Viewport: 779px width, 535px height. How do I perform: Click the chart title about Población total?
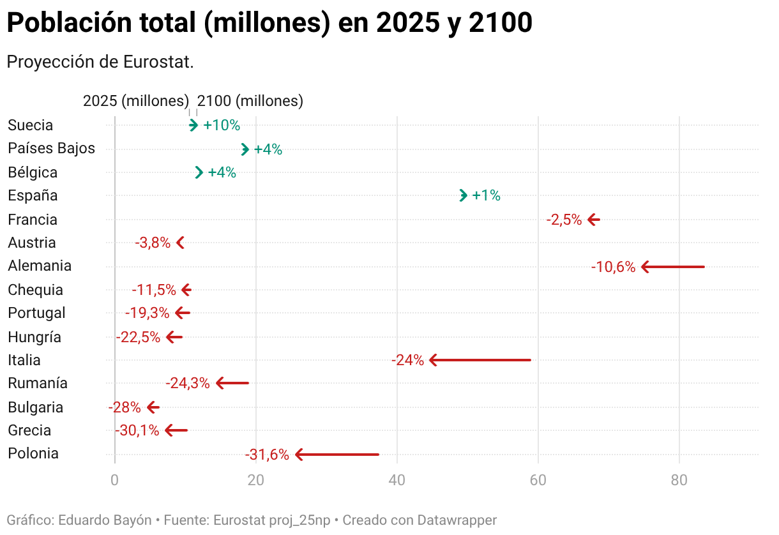tap(269, 24)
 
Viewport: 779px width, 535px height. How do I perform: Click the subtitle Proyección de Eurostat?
tap(100, 63)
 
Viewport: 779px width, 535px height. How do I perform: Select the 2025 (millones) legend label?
tap(136, 101)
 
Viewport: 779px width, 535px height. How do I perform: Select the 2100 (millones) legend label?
tap(250, 101)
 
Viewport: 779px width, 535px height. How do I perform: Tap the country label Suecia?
tap(30, 125)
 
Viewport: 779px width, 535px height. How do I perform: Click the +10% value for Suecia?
tap(222, 126)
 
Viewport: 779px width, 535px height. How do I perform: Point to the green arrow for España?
tap(464, 195)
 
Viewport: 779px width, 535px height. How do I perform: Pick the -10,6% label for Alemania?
tap(613, 267)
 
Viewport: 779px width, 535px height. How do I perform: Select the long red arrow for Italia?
tap(480, 360)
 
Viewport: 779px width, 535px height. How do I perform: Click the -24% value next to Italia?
tap(407, 360)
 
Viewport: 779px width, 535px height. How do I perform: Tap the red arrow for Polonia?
tap(337, 455)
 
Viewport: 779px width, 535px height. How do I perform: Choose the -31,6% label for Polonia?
tap(267, 455)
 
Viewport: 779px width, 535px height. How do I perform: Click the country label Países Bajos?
tap(51, 149)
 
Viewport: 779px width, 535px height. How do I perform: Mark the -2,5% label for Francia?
tap(564, 220)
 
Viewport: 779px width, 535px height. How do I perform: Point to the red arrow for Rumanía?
tap(232, 383)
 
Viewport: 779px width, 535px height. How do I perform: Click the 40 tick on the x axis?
tap(397, 480)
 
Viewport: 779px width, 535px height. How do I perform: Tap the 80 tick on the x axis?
tap(679, 480)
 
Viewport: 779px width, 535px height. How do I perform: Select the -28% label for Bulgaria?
tap(125, 407)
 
